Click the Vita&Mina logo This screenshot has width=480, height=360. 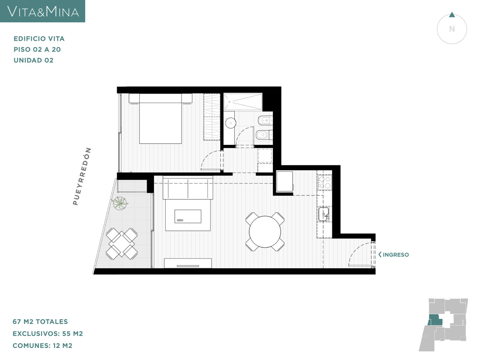point(42,11)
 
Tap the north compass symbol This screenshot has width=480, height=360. point(452,28)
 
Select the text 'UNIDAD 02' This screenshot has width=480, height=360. point(34,60)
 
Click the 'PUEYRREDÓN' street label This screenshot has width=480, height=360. point(82,176)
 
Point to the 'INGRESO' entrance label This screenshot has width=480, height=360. point(394,255)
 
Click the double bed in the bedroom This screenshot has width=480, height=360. point(160,119)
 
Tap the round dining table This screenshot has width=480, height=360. point(265,232)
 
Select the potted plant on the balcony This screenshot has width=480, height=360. point(119,203)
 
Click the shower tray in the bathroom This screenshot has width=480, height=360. point(243,102)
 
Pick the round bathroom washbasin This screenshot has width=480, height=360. point(230,123)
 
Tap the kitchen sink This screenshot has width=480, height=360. point(324,214)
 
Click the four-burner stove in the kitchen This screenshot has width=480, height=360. point(325,182)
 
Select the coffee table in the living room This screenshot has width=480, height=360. point(188,216)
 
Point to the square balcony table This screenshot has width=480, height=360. point(121,244)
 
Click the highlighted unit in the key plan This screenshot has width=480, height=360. point(435,320)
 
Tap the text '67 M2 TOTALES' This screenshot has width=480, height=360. point(40,322)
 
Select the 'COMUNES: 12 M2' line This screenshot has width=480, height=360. point(42,346)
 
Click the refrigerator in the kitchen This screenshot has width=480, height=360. point(284,181)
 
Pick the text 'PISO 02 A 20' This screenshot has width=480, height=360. point(37,49)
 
